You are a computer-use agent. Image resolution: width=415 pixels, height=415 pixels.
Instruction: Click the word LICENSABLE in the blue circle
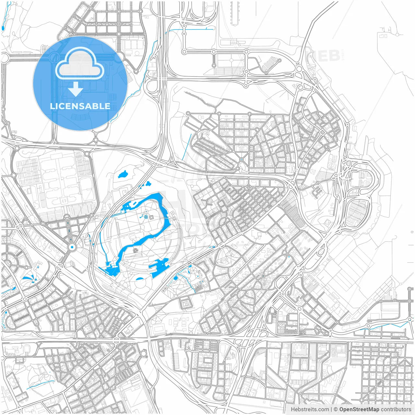[x=80, y=106]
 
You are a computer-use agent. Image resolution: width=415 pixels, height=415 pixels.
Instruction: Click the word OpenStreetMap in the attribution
[x=359, y=409]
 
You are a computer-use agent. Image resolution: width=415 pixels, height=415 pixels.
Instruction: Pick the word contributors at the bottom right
[x=396, y=409]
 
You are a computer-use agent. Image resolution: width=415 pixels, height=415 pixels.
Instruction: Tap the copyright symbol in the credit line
[x=336, y=409]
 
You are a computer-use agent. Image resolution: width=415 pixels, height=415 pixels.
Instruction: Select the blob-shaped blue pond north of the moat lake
[x=123, y=175]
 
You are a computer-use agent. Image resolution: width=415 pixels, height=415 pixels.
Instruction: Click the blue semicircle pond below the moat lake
[x=139, y=279]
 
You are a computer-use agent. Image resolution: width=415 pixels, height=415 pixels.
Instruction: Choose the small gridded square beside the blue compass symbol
[x=151, y=217]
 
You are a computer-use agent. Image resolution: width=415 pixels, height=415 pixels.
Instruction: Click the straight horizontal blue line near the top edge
[x=191, y=30]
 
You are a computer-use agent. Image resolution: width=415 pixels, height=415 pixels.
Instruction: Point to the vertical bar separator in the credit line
[x=331, y=409]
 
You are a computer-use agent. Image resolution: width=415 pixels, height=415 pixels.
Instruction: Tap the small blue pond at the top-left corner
[x=3, y=28]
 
